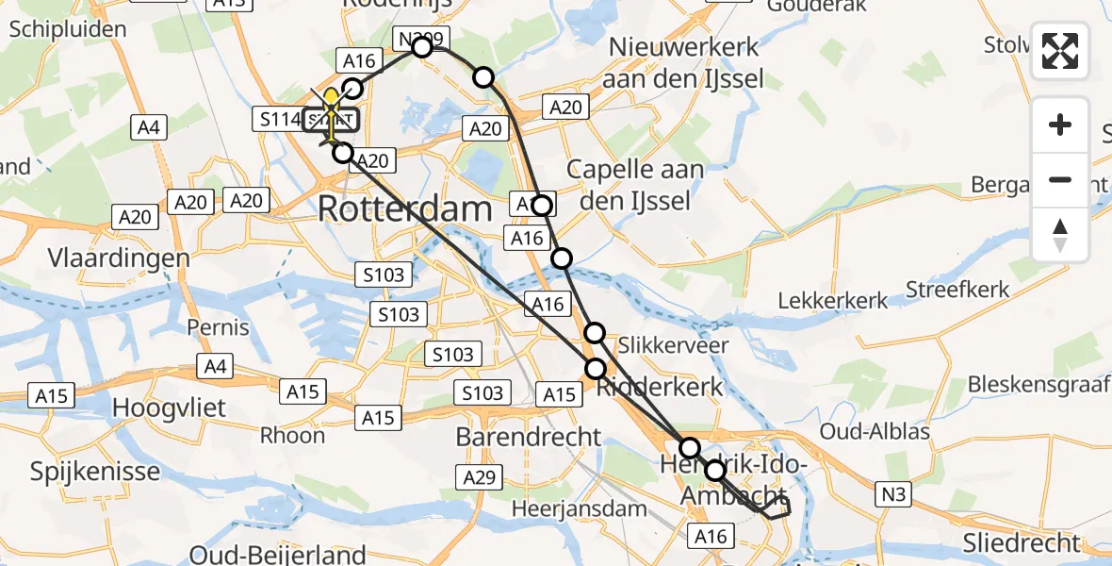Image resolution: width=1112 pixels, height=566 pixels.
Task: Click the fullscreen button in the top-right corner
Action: pyautogui.click(x=1060, y=51)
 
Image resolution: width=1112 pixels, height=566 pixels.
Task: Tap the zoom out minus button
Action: pyautogui.click(x=1060, y=179)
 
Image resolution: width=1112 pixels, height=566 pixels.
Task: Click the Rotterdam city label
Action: pyautogui.click(x=405, y=209)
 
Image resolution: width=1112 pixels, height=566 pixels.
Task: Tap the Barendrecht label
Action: pyautogui.click(x=528, y=437)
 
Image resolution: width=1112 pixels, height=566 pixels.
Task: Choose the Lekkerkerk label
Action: pyautogui.click(x=832, y=301)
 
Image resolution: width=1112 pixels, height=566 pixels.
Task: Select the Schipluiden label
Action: pyautogui.click(x=68, y=29)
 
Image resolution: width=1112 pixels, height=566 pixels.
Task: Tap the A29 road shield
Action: pyautogui.click(x=479, y=478)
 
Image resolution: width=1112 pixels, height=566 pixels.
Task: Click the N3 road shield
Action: pyautogui.click(x=894, y=492)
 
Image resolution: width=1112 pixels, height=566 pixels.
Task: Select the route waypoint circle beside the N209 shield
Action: pyautogui.click(x=422, y=47)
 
